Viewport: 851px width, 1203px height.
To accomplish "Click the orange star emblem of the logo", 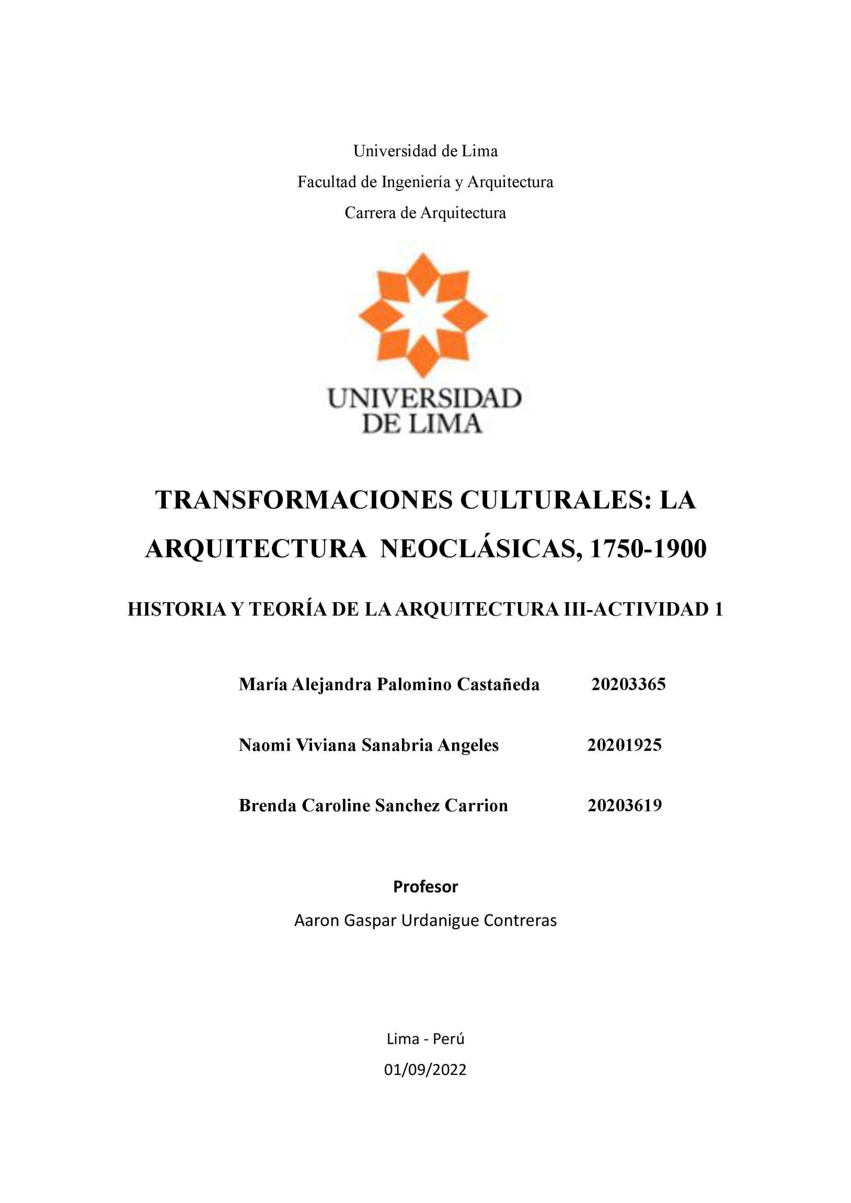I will [x=423, y=316].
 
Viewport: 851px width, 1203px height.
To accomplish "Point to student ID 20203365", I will [x=628, y=684].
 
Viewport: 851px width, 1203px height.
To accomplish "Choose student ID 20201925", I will [x=624, y=744].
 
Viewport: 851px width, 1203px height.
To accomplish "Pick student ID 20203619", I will [x=624, y=805].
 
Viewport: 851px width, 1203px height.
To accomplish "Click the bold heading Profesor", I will [x=425, y=886].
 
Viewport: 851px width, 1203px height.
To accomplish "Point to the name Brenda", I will [x=267, y=805].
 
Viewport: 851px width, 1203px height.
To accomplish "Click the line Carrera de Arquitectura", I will [x=425, y=213].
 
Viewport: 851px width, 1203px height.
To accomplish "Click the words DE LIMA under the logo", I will [x=422, y=424].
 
